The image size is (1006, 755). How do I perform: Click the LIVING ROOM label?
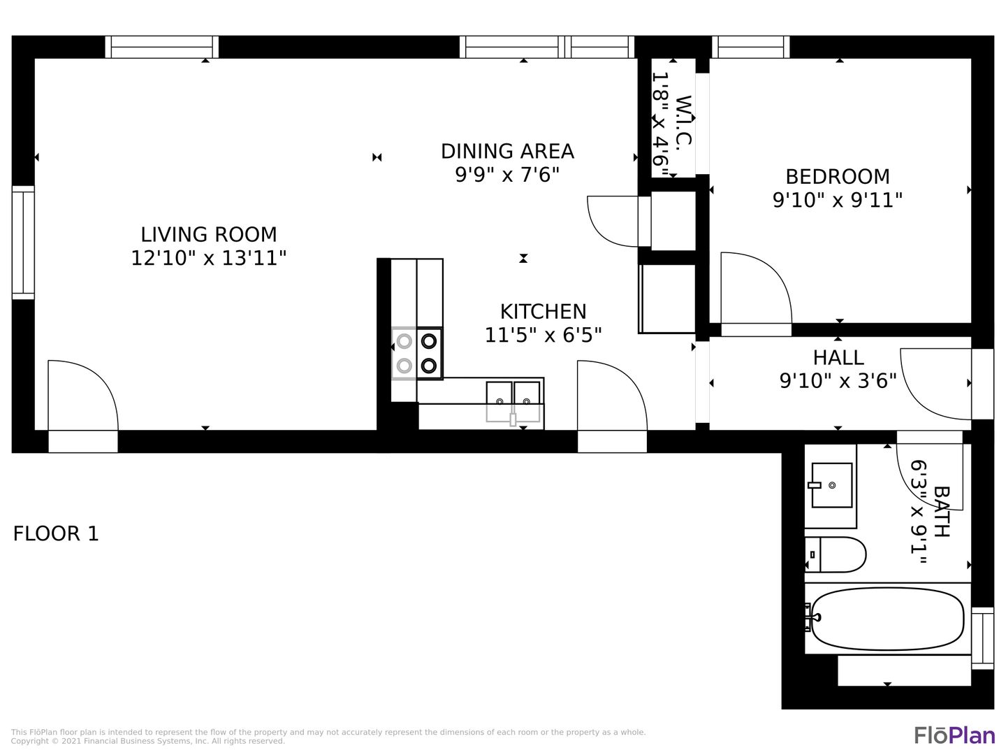[x=208, y=235]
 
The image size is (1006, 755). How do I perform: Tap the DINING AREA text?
[x=507, y=151]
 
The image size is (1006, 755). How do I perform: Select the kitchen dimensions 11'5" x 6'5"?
[x=543, y=335]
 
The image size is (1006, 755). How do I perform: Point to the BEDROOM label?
[x=838, y=176]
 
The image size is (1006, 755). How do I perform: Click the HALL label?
[x=838, y=357]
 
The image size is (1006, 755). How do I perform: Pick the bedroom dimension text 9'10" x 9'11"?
[x=838, y=201]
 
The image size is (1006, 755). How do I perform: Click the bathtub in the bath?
[x=887, y=619]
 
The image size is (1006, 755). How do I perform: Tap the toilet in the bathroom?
[x=836, y=554]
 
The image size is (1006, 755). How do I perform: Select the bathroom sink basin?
[x=832, y=485]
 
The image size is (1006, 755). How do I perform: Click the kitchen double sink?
[x=513, y=401]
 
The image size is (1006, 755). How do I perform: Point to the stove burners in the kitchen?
[x=416, y=354]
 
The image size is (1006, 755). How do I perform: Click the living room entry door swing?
[x=83, y=395]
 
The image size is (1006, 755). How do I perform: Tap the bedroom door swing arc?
[x=756, y=288]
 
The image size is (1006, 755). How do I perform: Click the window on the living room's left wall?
[x=23, y=243]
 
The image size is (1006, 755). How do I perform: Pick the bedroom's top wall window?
[x=751, y=48]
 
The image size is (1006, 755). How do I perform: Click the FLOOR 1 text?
[x=56, y=533]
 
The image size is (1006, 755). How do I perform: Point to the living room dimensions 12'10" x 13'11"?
[x=208, y=258]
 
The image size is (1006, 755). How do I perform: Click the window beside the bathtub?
[x=983, y=638]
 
